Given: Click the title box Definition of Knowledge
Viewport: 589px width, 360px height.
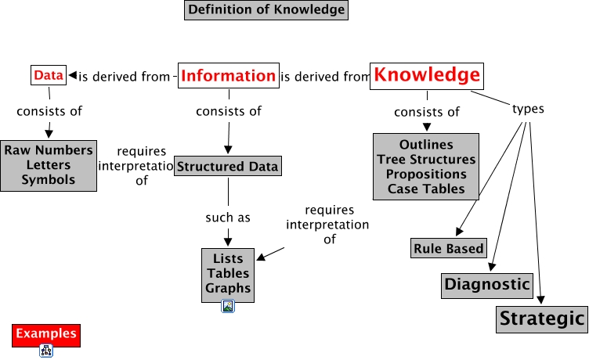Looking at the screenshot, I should click(266, 10).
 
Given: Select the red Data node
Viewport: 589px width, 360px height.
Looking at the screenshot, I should click(48, 75).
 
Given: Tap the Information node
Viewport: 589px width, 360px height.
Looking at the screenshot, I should click(228, 76).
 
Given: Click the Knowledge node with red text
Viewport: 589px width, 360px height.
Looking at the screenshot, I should click(426, 75).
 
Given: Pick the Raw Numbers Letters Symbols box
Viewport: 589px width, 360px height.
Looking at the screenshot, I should click(48, 165).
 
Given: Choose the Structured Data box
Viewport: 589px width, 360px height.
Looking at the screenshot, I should click(227, 167).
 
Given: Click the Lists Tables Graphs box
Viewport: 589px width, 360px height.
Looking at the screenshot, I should click(228, 273).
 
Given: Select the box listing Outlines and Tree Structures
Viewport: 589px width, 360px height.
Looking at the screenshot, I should click(425, 167).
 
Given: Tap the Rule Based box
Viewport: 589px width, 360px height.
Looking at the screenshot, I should click(448, 249).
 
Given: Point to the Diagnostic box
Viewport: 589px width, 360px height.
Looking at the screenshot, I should click(487, 284).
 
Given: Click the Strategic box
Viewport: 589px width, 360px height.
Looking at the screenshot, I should click(542, 319).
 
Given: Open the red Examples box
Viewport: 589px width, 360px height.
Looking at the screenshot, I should click(46, 334).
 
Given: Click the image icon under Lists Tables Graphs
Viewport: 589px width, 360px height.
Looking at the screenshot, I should click(228, 307).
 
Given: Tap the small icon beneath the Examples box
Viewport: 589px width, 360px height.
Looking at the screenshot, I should click(46, 351).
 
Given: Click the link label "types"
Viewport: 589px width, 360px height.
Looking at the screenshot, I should click(528, 109).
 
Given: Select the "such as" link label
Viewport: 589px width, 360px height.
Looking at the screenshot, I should click(228, 218).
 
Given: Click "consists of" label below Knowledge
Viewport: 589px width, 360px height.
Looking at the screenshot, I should click(427, 112).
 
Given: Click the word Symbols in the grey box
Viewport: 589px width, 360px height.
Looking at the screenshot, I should click(48, 180).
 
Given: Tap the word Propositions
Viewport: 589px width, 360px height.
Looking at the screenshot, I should click(425, 174).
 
